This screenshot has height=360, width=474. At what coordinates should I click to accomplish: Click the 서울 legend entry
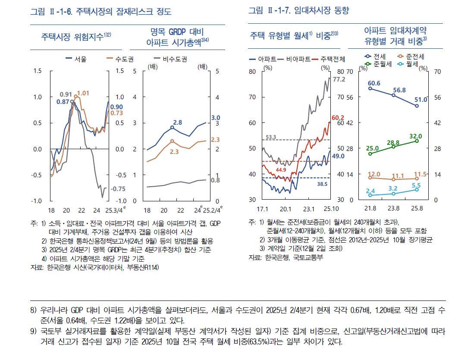pos(76,59)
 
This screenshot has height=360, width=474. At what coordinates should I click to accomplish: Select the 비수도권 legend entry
pos(166,59)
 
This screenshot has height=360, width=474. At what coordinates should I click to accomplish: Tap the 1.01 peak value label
pos(83,93)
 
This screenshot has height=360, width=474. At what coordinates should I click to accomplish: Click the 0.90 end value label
pos(116,107)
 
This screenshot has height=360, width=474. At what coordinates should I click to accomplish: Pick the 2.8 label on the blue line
pos(177,122)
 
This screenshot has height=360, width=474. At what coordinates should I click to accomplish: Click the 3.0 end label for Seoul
pos(216,118)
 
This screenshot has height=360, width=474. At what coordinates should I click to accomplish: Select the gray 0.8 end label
pos(215,180)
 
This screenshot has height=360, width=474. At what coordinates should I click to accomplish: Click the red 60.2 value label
pos(338,118)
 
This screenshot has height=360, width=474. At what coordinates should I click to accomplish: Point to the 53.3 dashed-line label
pos(271,137)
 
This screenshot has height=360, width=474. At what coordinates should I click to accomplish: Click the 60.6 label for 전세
pos(374,83)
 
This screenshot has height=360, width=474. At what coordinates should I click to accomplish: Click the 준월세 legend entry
pos(380,64)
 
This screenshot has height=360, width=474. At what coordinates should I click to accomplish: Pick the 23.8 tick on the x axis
pos(393,209)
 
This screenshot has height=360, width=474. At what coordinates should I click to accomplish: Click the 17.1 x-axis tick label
pos(262,209)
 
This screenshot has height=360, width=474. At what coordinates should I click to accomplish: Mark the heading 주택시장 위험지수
pos(76,36)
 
